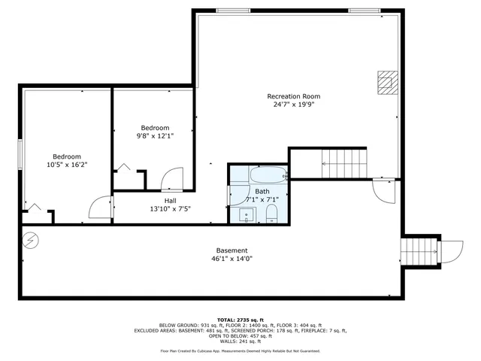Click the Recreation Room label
(294, 96)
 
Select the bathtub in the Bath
(268, 177)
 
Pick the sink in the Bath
(246, 217)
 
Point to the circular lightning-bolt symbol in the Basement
(31, 241)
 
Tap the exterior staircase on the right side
(419, 250)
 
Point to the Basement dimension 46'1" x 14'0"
(231, 259)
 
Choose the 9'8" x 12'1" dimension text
(153, 136)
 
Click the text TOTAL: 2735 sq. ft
(240, 320)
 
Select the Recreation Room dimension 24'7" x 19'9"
(294, 105)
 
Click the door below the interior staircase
(383, 191)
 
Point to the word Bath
(262, 192)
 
